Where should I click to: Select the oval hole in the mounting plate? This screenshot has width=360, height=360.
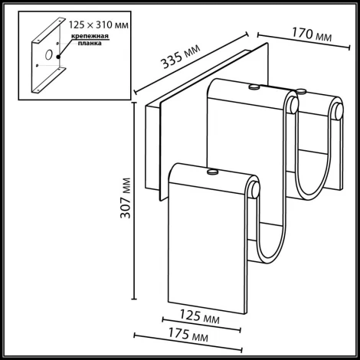click(x=47, y=55)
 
